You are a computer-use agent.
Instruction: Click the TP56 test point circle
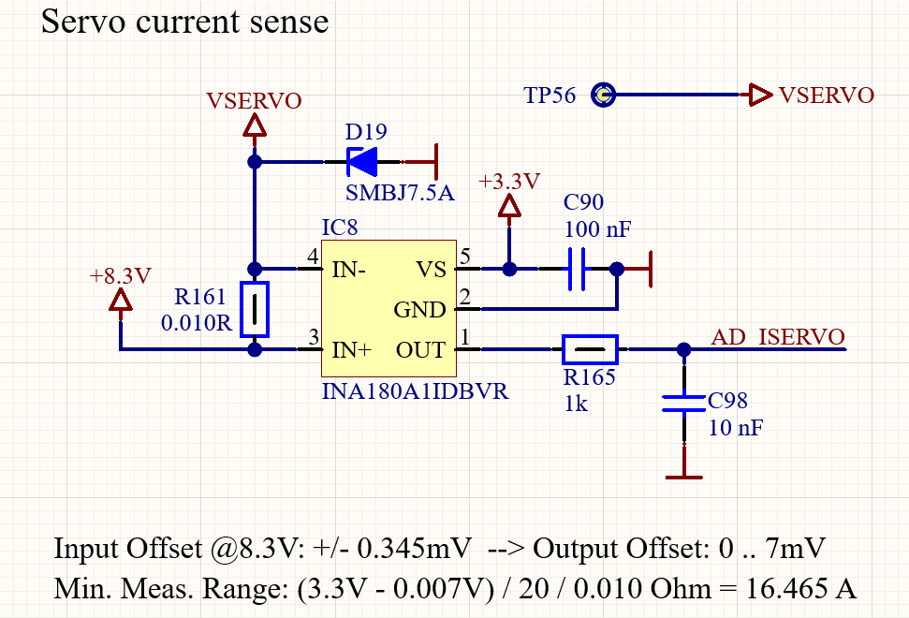pyautogui.click(x=603, y=95)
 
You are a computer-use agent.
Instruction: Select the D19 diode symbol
pyautogui.click(x=361, y=162)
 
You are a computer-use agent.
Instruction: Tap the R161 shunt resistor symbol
pyautogui.click(x=255, y=310)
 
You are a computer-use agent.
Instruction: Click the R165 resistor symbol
pyautogui.click(x=590, y=349)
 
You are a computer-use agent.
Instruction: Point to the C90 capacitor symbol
pyautogui.click(x=577, y=269)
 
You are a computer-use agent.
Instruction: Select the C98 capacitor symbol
pyautogui.click(x=684, y=404)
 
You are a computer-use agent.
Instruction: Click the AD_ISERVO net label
pyautogui.click(x=777, y=337)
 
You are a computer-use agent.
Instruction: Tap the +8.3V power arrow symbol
pyautogui.click(x=121, y=301)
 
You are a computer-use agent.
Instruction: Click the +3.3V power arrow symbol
pyautogui.click(x=509, y=206)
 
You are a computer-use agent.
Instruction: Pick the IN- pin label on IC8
pyautogui.click(x=348, y=270)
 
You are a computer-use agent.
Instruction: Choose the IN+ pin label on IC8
pyautogui.click(x=351, y=350)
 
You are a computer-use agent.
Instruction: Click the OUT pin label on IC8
pyautogui.click(x=421, y=350)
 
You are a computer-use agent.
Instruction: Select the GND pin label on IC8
pyautogui.click(x=419, y=310)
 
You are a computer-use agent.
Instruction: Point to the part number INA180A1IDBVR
pyautogui.click(x=415, y=391)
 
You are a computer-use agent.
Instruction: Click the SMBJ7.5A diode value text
pyautogui.click(x=400, y=193)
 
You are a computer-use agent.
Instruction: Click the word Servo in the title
pyautogui.click(x=83, y=22)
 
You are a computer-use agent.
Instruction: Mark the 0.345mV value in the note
pyautogui.click(x=414, y=549)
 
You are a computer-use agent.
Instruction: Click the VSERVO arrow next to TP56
pyautogui.click(x=756, y=95)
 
